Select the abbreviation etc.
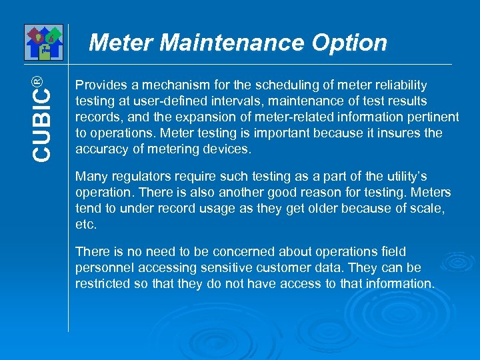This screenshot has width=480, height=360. point(86,225)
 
